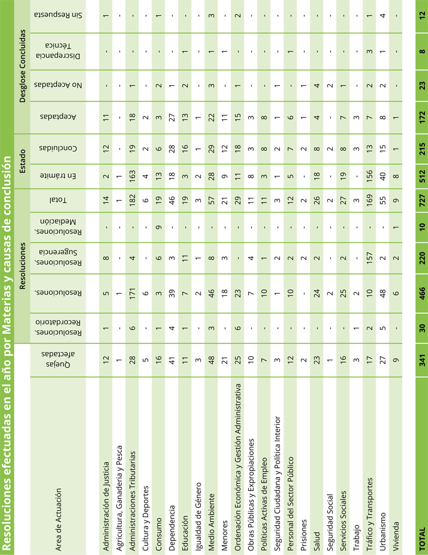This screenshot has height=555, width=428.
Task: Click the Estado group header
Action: click(22, 161)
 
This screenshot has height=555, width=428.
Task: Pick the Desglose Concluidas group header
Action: click(22, 66)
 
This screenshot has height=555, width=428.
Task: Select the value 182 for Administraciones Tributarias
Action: click(132, 200)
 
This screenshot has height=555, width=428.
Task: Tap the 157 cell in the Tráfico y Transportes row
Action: click(370, 258)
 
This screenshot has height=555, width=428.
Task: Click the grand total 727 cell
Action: click(422, 200)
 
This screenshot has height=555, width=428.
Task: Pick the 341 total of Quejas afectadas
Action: click(422, 360)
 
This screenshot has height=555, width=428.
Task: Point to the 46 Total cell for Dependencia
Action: click(172, 200)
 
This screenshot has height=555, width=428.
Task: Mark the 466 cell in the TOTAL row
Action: click(422, 293)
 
